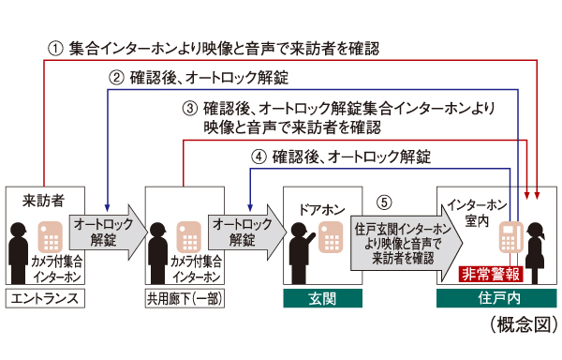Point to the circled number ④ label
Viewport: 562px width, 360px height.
tap(259, 157)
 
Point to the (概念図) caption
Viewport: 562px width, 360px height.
tap(523, 323)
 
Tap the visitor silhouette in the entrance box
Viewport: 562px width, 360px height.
tap(21, 251)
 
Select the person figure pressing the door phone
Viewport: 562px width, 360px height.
tap(301, 248)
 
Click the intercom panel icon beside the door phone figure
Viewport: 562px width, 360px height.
tap(331, 241)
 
